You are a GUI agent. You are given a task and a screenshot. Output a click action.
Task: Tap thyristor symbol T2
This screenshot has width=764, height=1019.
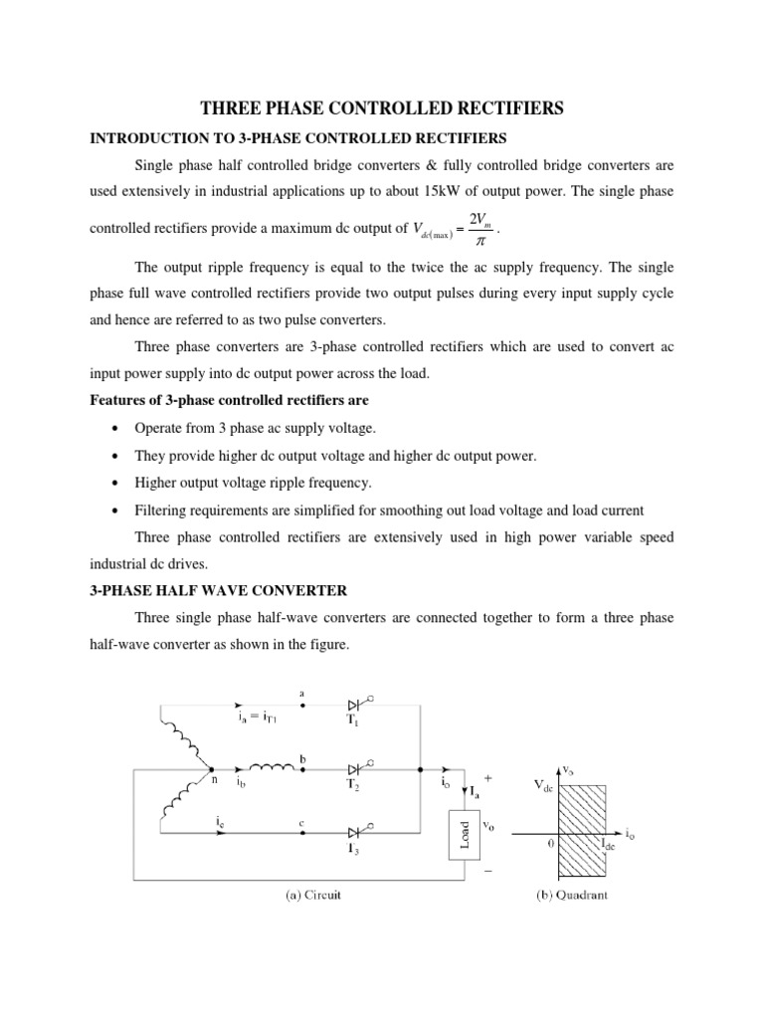coord(355,768)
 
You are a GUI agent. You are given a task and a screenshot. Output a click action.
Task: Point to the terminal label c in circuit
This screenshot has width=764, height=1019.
coord(301,821)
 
